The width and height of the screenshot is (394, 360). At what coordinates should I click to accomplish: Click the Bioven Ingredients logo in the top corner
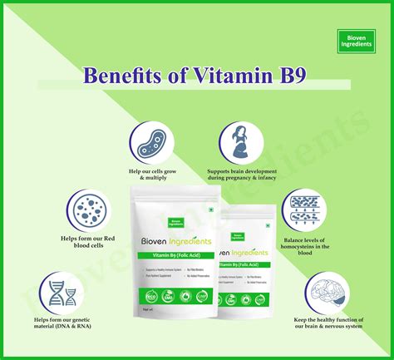tap(357, 38)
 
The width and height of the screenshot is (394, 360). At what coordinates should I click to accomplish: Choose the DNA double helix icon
tap(64, 290)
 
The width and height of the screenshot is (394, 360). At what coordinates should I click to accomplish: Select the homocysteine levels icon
tap(308, 210)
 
